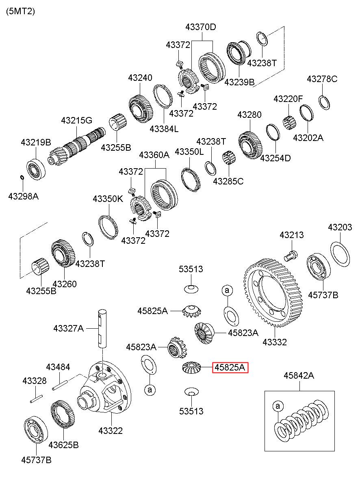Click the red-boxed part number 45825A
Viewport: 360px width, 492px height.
click(x=230, y=367)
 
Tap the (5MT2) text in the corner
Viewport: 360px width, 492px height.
click(x=20, y=11)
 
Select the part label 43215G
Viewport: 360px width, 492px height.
click(x=77, y=120)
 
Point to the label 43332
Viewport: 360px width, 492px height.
click(x=275, y=342)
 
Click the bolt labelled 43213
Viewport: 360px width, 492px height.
click(x=291, y=256)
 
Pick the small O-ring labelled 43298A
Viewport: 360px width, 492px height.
click(x=22, y=177)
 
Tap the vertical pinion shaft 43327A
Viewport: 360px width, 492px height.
click(x=102, y=329)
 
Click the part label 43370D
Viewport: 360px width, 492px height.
click(x=201, y=27)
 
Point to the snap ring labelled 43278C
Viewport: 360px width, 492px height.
click(x=324, y=102)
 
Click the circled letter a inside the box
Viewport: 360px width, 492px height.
click(x=278, y=406)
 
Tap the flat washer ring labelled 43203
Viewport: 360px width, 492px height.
click(x=340, y=254)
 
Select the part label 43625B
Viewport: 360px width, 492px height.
click(x=63, y=445)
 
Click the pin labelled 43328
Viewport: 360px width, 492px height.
click(x=36, y=399)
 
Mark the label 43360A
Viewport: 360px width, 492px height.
click(x=154, y=155)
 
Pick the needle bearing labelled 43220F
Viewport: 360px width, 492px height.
click(x=289, y=124)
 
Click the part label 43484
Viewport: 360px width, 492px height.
click(x=58, y=367)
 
